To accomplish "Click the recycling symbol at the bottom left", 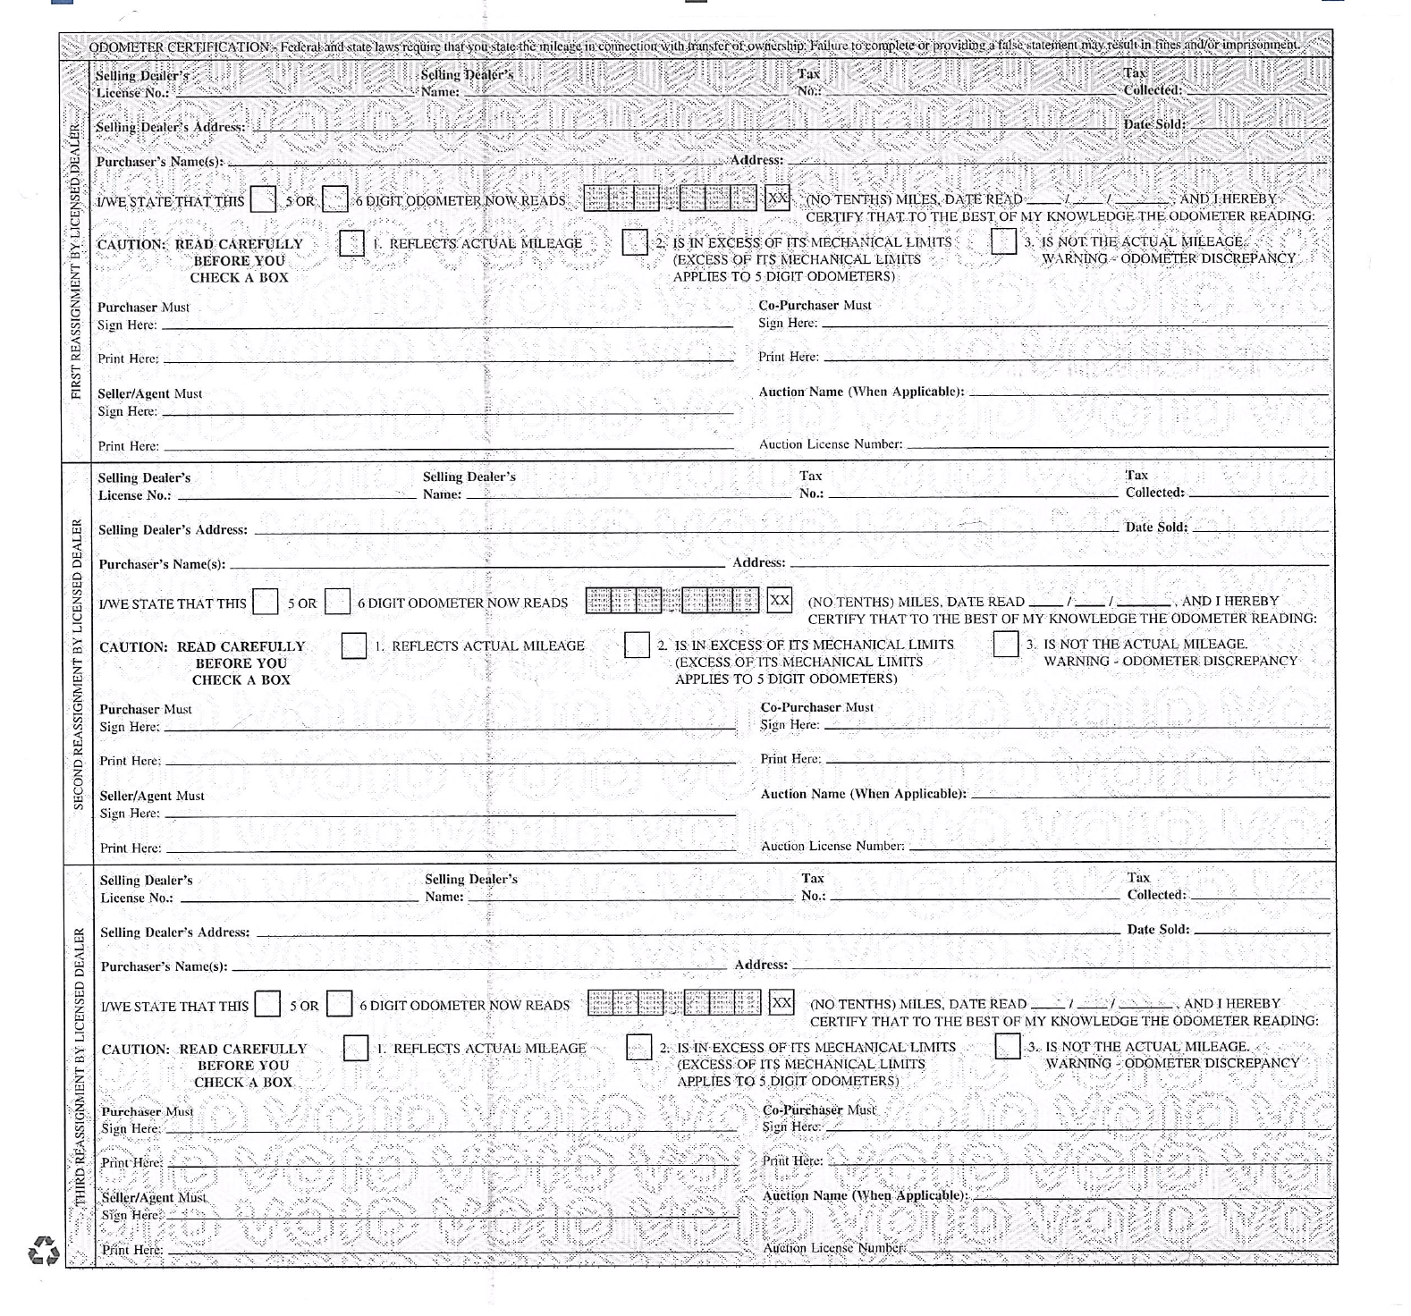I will pyautogui.click(x=44, y=1251).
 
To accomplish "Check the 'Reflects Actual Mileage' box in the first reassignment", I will pyautogui.click(x=352, y=243).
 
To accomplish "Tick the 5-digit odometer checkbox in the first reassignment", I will pyautogui.click(x=264, y=199).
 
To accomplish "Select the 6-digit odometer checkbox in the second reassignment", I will pyautogui.click(x=337, y=602).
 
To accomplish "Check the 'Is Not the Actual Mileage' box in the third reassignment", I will pyautogui.click(x=1008, y=1046).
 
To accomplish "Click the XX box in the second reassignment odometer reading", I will pyautogui.click(x=780, y=600).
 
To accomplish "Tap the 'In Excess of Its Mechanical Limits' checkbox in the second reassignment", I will pyautogui.click(x=637, y=645).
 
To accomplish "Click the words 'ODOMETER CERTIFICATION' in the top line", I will pyautogui.click(x=180, y=46).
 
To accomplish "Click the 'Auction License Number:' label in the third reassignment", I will pyautogui.click(x=833, y=1248).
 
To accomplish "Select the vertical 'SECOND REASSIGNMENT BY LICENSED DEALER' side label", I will pyautogui.click(x=78, y=664).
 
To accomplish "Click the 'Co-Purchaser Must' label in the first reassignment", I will pyautogui.click(x=815, y=305).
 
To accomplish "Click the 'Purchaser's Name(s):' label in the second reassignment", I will pyautogui.click(x=162, y=564).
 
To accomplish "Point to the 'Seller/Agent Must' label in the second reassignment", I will pyautogui.click(x=152, y=796).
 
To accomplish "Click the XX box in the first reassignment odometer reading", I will pyautogui.click(x=778, y=198).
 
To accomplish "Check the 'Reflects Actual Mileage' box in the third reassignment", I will pyautogui.click(x=356, y=1048).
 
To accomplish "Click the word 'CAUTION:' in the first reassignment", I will pyautogui.click(x=132, y=244).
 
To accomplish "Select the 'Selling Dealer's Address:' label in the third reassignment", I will pyautogui.click(x=175, y=932).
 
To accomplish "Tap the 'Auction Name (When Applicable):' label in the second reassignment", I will pyautogui.click(x=863, y=794).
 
